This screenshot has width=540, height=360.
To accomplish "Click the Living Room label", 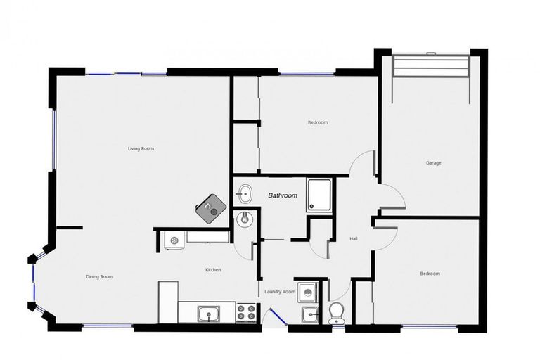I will [x=141, y=148].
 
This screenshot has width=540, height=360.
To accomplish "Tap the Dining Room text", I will [x=99, y=276].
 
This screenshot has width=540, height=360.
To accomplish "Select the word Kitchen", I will [x=213, y=269].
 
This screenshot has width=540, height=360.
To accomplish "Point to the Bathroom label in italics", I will [x=282, y=195].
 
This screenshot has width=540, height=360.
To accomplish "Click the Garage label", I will [x=433, y=162].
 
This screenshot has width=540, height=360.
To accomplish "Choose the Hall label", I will [x=354, y=238].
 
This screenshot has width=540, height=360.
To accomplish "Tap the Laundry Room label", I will [x=279, y=291].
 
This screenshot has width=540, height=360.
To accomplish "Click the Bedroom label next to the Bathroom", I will [x=317, y=122].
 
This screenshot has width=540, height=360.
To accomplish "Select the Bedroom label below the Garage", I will [x=430, y=273].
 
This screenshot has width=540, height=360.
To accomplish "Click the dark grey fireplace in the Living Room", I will [x=212, y=208].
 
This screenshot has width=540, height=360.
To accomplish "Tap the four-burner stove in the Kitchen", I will [x=245, y=311].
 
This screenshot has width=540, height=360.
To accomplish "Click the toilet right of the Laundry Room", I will [x=337, y=312].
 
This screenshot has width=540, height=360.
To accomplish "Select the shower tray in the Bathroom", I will [x=319, y=195].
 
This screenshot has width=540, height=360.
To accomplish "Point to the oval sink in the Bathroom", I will [x=245, y=192].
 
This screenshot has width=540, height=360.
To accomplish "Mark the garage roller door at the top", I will [x=430, y=66].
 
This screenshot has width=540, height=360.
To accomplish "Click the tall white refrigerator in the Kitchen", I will [x=167, y=302].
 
